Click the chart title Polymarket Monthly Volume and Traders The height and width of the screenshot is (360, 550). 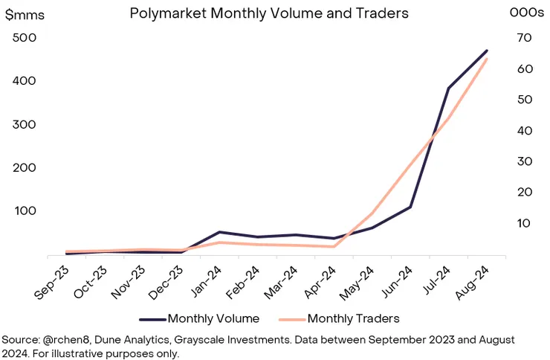[269, 13]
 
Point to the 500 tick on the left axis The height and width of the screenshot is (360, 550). [26, 38]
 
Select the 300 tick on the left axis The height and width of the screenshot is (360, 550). [26, 124]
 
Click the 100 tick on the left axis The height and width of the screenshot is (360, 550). [26, 210]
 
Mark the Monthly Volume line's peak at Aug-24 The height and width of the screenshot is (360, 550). [487, 51]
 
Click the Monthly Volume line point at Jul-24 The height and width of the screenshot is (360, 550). [448, 89]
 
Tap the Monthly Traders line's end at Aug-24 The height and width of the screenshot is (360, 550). [487, 59]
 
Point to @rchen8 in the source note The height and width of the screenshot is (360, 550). [66, 338]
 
